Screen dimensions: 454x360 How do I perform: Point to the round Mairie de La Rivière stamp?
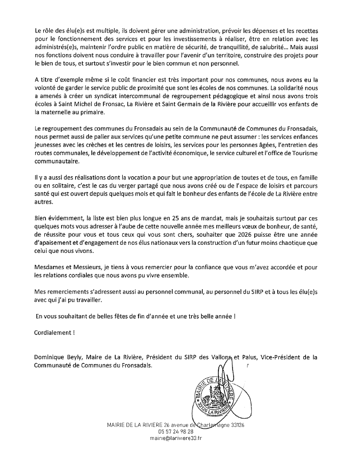(x=215, y=393)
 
